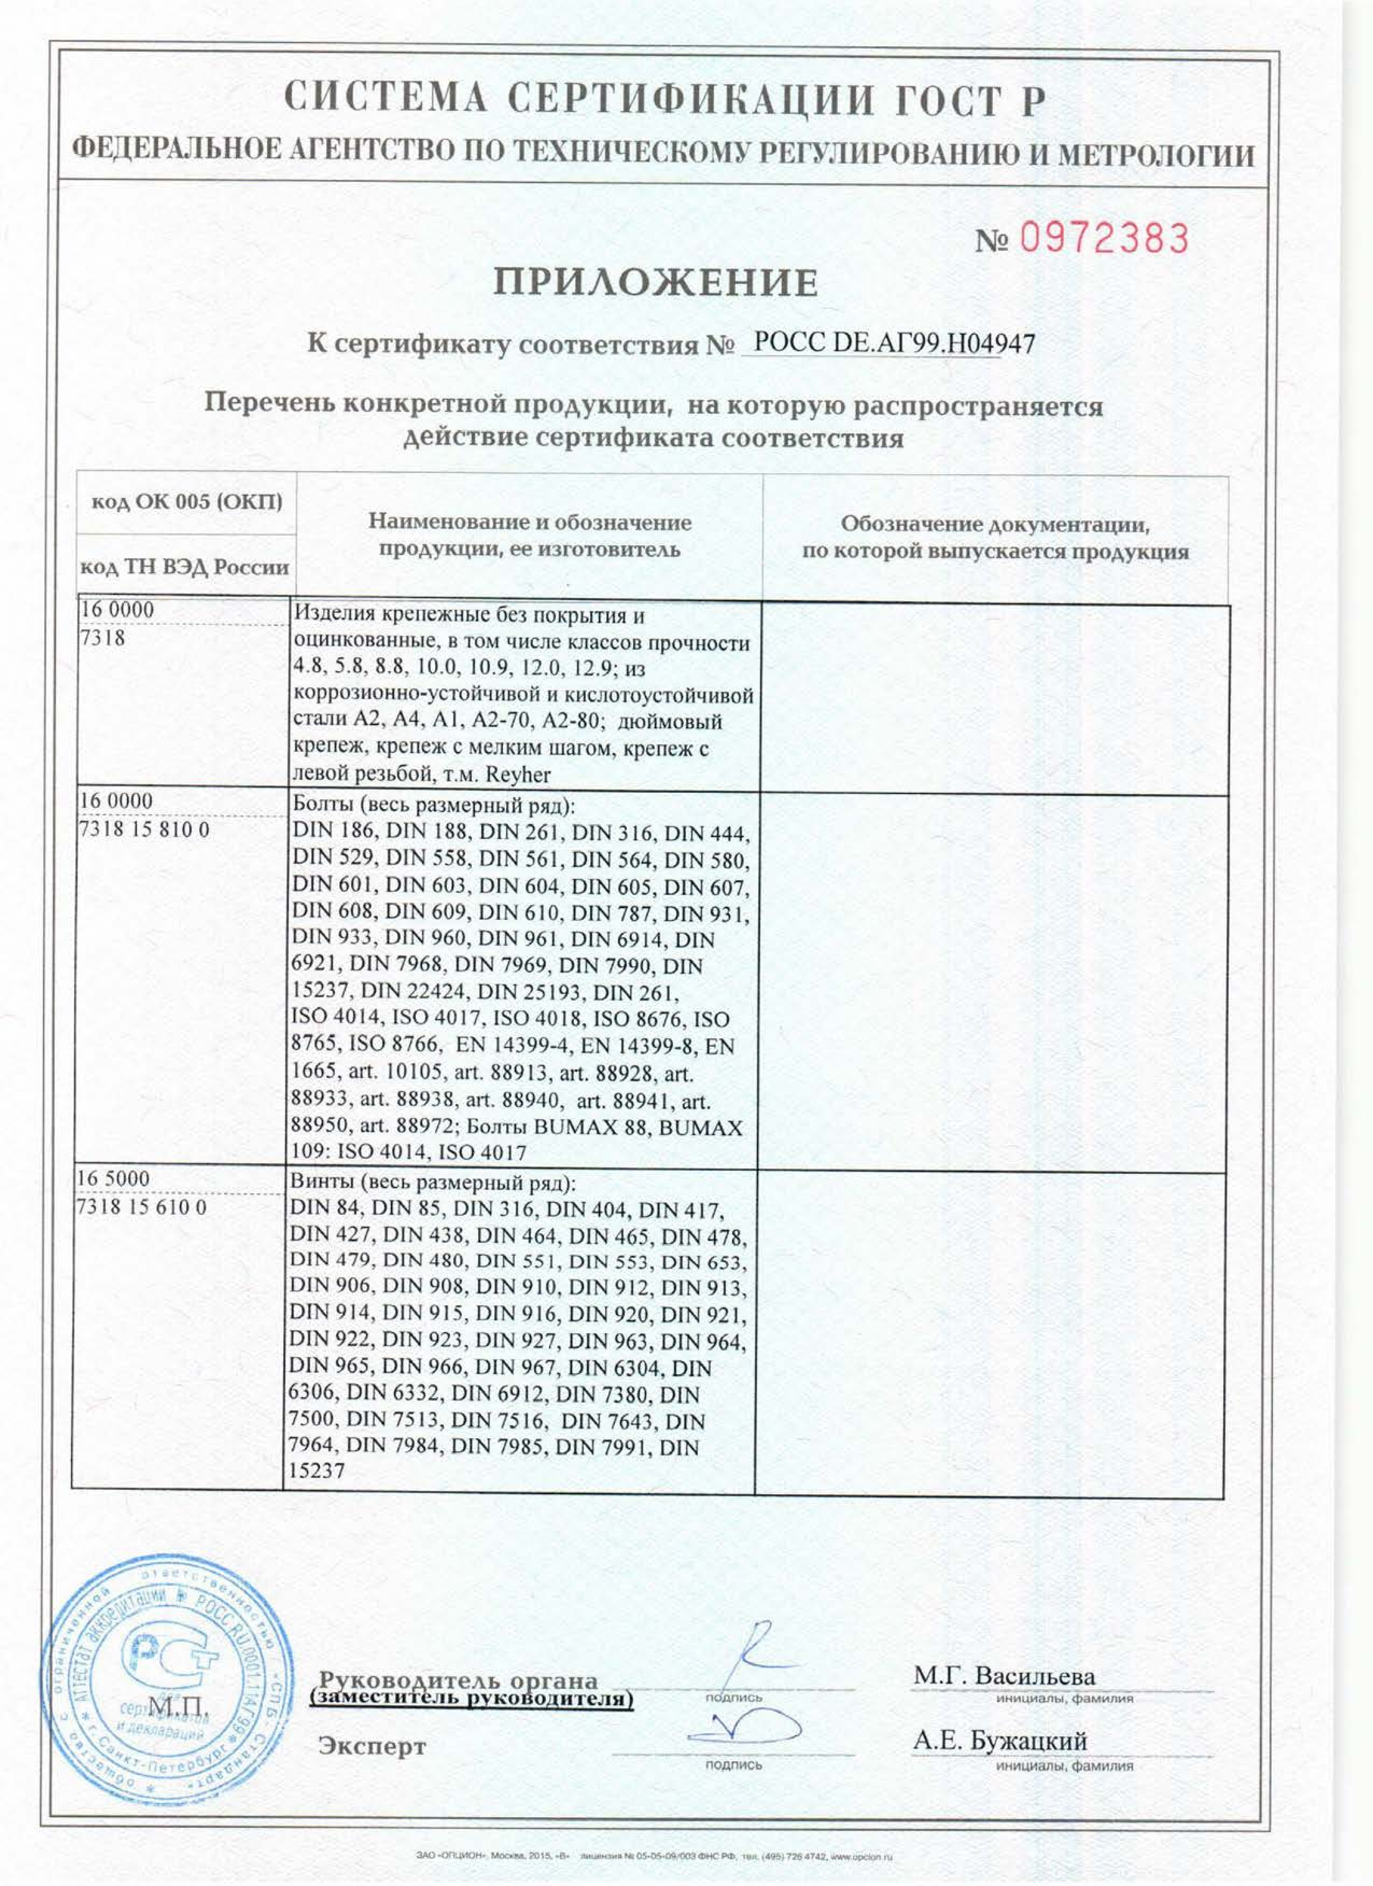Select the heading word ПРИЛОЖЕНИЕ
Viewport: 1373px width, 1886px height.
coord(655,283)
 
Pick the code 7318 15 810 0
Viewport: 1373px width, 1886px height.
coord(143,830)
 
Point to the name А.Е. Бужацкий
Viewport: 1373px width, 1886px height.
coord(999,1741)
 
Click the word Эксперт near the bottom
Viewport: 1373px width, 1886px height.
coord(372,1746)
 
